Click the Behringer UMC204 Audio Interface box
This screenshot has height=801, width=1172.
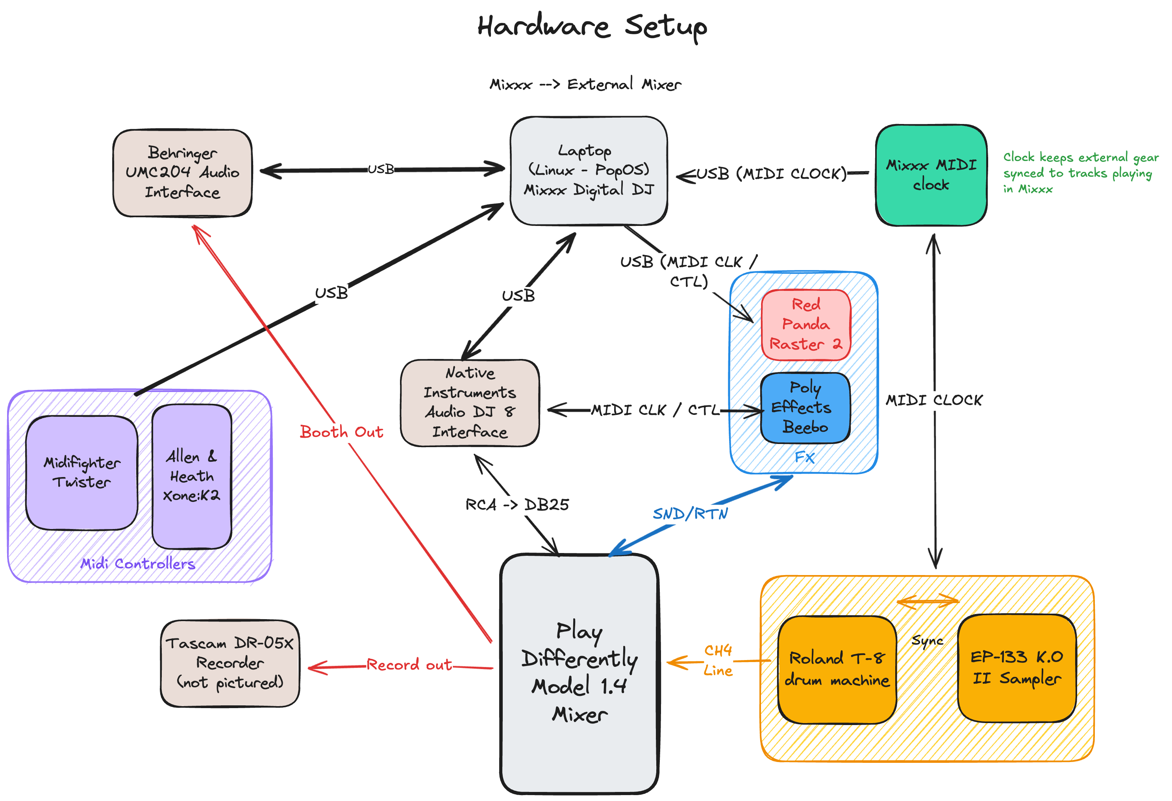pyautogui.click(x=182, y=173)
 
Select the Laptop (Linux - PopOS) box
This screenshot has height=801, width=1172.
pyautogui.click(x=589, y=171)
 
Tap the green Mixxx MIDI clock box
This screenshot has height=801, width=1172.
pyautogui.click(x=931, y=175)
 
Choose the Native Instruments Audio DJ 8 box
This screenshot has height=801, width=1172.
pyautogui.click(x=470, y=403)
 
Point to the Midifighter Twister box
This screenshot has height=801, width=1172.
pyautogui.click(x=82, y=472)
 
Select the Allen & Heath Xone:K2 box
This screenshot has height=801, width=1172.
pyautogui.click(x=192, y=476)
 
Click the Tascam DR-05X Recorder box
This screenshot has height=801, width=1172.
pyautogui.click(x=230, y=663)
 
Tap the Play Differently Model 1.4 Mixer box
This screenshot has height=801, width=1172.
pyautogui.click(x=580, y=673)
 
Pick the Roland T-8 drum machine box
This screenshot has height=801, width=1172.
pyautogui.click(x=837, y=669)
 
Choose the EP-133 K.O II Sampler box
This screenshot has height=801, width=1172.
pyautogui.click(x=1016, y=668)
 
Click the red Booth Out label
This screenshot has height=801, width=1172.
pyautogui.click(x=341, y=432)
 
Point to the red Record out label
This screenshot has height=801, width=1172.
pyautogui.click(x=409, y=665)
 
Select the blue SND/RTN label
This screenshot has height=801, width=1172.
pyautogui.click(x=691, y=514)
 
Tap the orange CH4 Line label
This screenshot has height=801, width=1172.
pyautogui.click(x=718, y=660)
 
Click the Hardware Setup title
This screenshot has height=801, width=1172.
pyautogui.click(x=592, y=26)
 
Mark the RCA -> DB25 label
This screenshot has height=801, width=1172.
pyautogui.click(x=517, y=505)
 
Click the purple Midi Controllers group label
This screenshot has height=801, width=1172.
pyautogui.click(x=138, y=563)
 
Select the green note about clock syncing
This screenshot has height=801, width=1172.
pyautogui.click(x=1080, y=173)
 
